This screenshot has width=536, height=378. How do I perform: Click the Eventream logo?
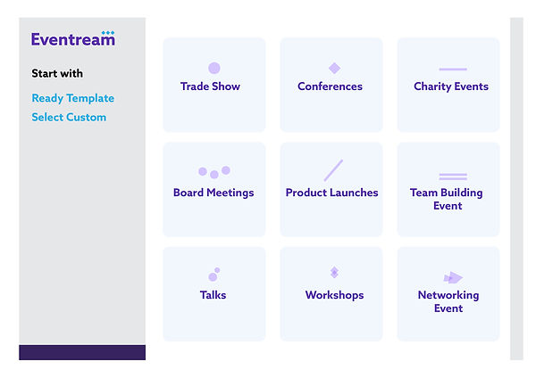(72, 38)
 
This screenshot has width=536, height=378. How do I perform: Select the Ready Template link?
(72, 98)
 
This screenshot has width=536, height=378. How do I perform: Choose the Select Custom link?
(69, 117)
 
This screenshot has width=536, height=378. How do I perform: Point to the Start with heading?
(57, 73)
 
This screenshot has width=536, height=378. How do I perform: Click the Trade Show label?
(210, 86)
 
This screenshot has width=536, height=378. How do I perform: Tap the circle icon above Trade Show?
(214, 68)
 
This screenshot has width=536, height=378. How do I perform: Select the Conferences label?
(330, 86)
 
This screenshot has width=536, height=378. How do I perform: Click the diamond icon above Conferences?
(334, 68)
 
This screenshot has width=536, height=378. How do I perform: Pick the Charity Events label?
(451, 86)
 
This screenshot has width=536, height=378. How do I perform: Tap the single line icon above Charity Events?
(452, 69)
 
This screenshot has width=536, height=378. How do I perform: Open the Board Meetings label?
(214, 193)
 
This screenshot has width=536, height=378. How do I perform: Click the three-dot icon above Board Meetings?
(214, 172)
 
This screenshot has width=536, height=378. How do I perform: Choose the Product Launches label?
(331, 193)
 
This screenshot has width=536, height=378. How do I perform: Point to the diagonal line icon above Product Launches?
(333, 170)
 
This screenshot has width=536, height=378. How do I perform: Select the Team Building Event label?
(448, 199)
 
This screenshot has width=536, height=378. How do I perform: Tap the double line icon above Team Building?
(452, 177)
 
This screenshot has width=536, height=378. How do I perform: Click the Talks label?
(213, 295)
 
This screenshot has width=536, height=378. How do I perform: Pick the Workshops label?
(334, 295)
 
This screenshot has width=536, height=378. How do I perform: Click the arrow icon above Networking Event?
(453, 277)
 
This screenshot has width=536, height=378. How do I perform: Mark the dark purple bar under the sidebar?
(82, 352)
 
